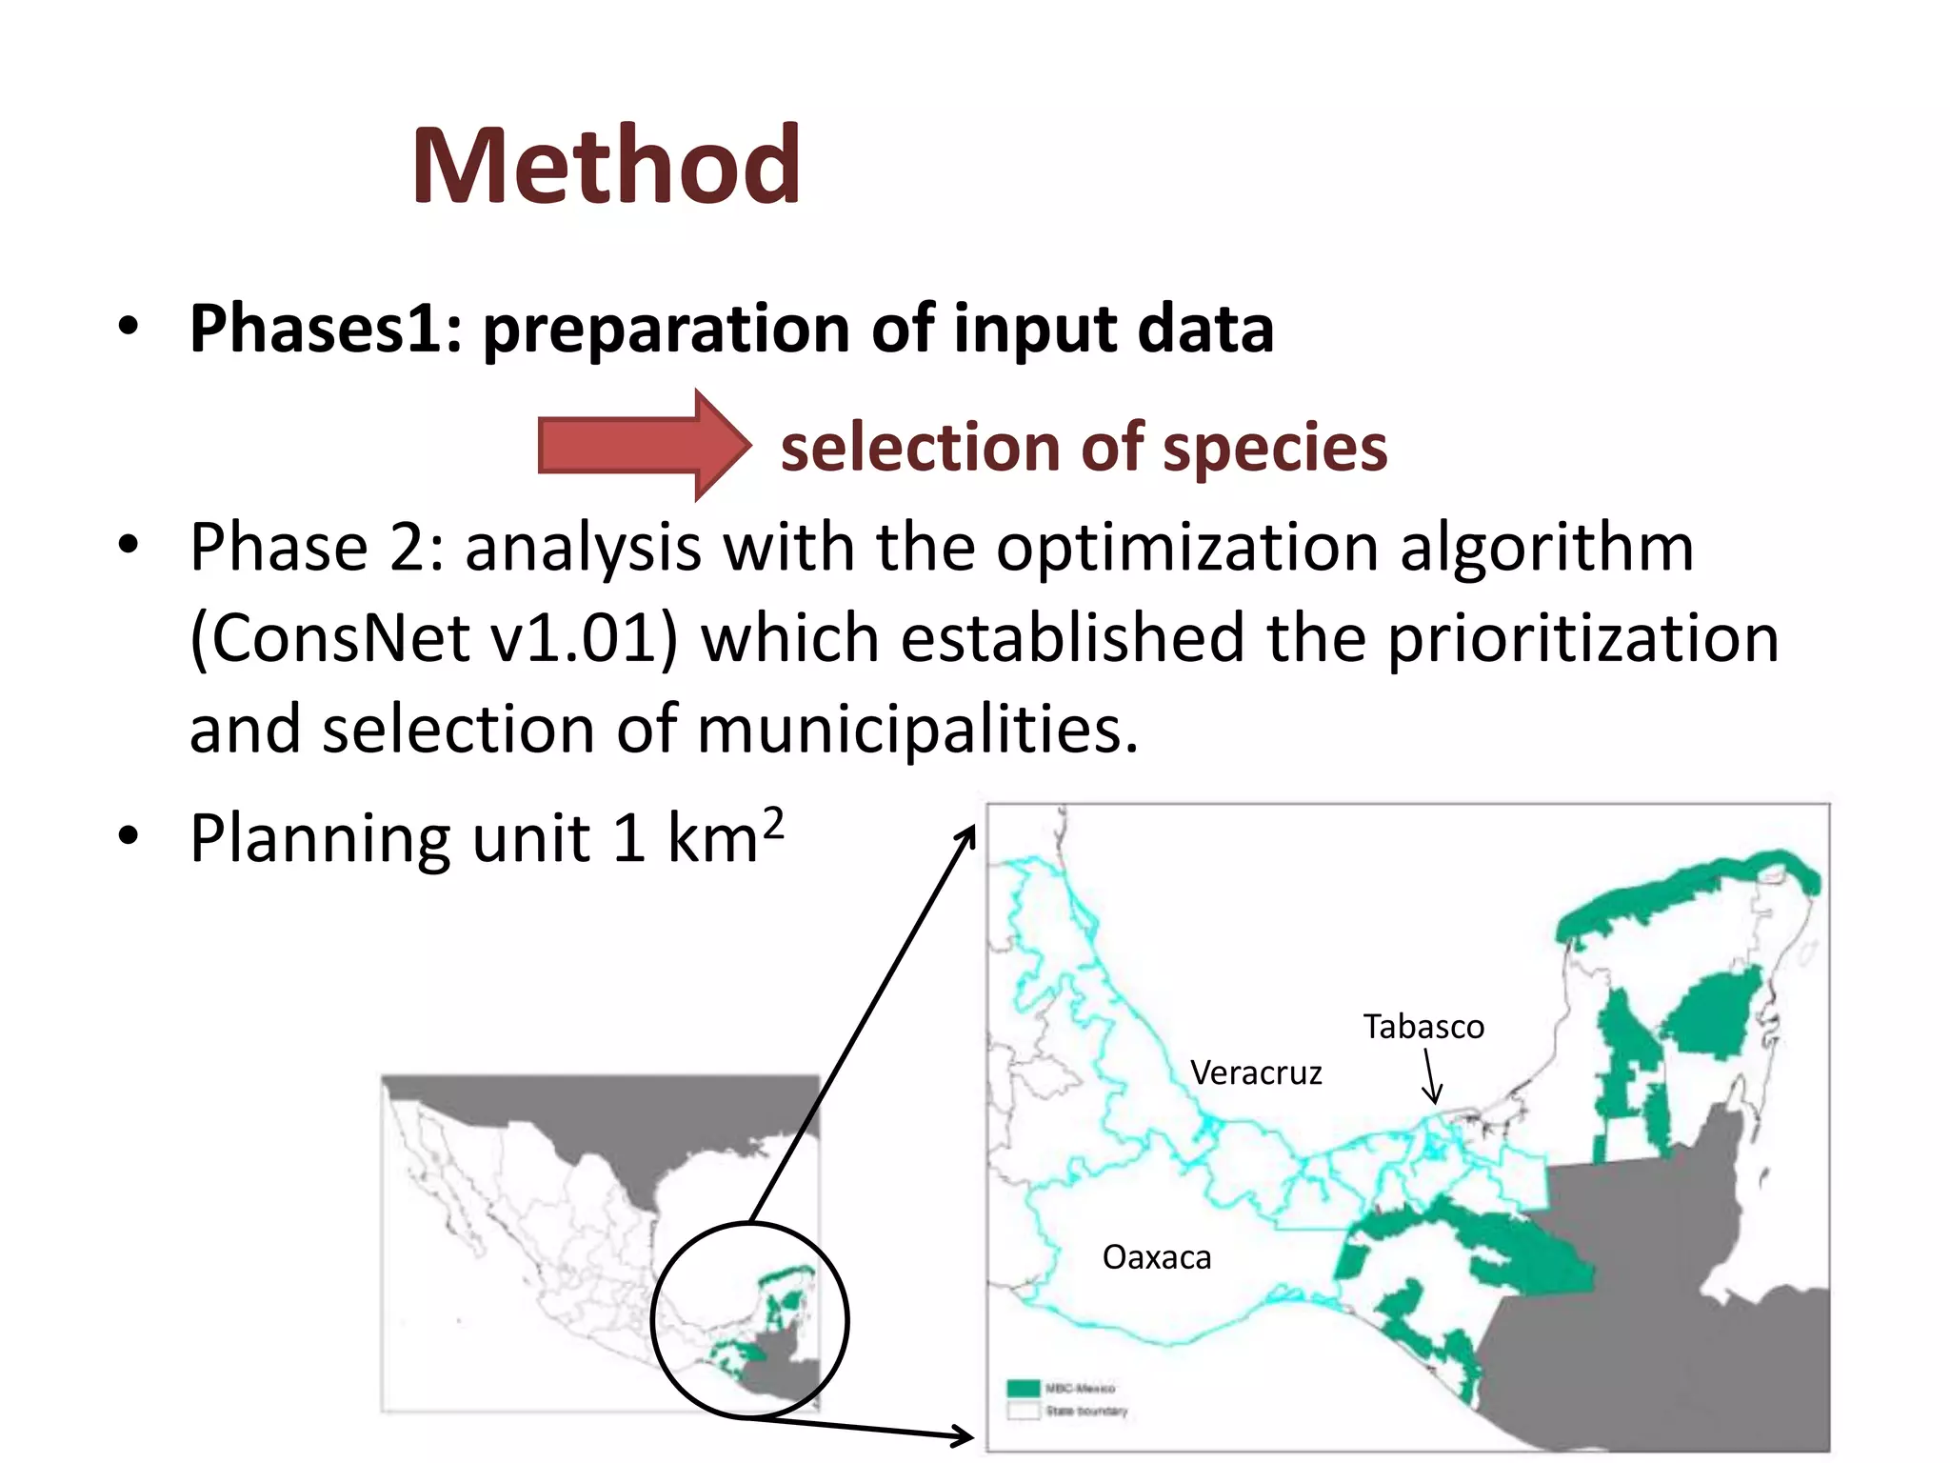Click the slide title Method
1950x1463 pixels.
click(606, 167)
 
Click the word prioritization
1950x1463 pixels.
click(1582, 638)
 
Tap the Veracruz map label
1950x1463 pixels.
click(1255, 1073)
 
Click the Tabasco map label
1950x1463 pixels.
click(1423, 1027)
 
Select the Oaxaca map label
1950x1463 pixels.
click(1156, 1257)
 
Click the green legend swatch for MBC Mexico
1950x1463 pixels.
click(1024, 1388)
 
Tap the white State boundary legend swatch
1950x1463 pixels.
click(1024, 1411)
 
